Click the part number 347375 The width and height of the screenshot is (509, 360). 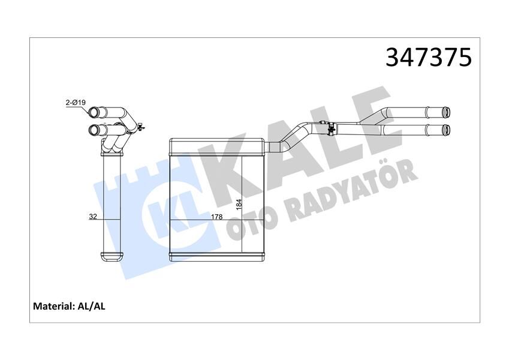point(428,58)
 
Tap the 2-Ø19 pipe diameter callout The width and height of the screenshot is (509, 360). point(76,103)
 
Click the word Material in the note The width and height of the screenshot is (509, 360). point(53,306)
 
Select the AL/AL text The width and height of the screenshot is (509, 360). point(92,306)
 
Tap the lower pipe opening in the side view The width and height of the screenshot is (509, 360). point(93,130)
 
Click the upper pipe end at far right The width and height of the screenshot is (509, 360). point(448,111)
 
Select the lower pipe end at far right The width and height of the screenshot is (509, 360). point(448,128)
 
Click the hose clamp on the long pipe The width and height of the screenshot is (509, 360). point(330,127)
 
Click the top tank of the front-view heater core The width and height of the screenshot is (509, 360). point(216,145)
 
